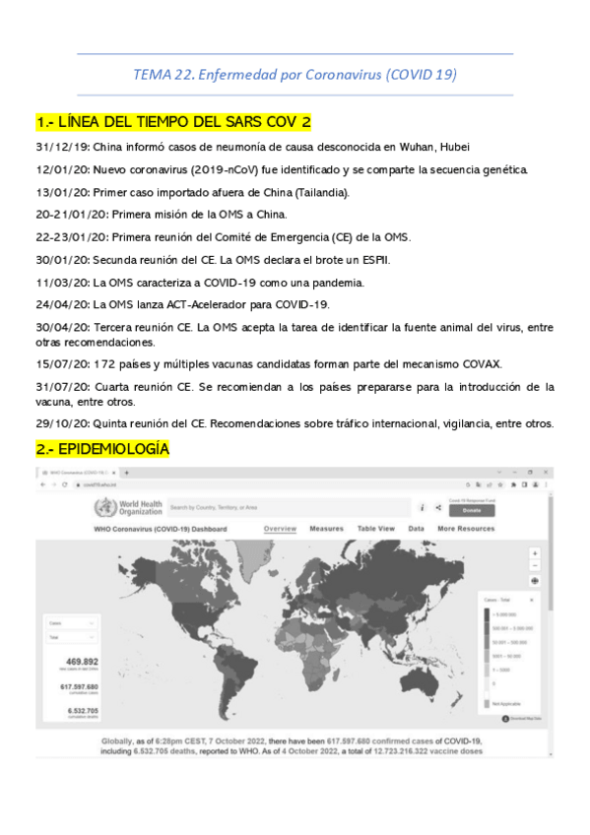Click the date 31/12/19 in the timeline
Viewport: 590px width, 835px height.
click(62, 148)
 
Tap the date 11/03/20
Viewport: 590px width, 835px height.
click(62, 282)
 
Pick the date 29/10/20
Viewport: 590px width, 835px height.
click(62, 423)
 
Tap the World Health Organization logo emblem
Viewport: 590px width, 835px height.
click(102, 508)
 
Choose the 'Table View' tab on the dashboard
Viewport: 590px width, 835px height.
click(375, 529)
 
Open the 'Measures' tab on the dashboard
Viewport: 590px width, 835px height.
click(326, 529)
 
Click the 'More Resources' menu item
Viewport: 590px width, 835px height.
click(466, 529)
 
